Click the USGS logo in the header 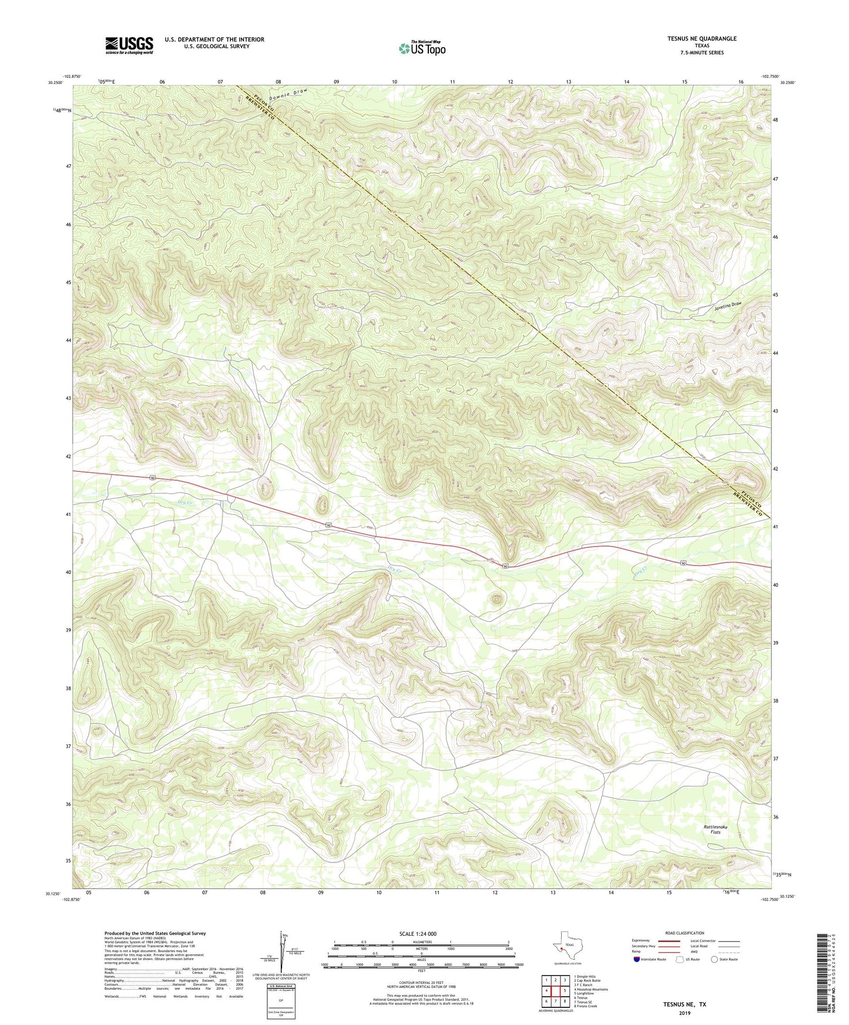[129, 45]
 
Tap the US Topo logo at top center [421, 48]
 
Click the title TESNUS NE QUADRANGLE [702, 39]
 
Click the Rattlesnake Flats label [715, 830]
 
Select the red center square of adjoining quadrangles [555, 990]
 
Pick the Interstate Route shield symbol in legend [637, 959]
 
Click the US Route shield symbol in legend [681, 959]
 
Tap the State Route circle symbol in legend [714, 959]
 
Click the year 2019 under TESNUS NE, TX [684, 1013]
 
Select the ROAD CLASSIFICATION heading [684, 933]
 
